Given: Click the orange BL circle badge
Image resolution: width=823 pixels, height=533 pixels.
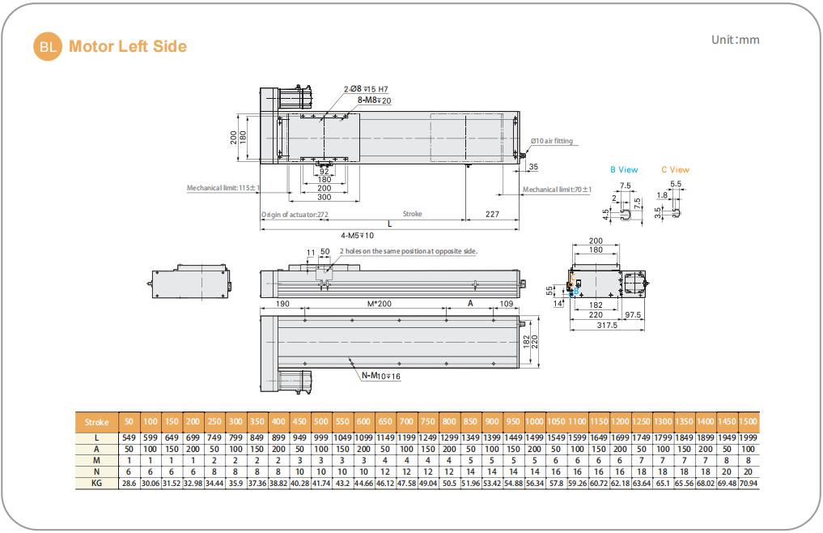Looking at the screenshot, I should [x=48, y=47].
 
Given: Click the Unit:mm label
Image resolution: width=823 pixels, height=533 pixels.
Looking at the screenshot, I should [x=735, y=40].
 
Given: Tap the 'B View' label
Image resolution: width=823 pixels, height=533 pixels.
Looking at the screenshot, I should [x=624, y=170].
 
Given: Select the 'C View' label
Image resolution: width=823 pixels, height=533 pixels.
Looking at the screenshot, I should [x=675, y=170].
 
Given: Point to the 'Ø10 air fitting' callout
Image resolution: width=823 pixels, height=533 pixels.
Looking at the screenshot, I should [x=552, y=141].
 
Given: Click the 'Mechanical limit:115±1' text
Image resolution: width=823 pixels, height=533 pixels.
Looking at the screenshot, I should [x=223, y=188].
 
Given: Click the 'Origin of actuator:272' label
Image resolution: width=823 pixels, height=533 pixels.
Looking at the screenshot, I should [x=295, y=215].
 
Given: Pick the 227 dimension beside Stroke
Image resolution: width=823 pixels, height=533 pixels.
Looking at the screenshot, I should [x=492, y=215].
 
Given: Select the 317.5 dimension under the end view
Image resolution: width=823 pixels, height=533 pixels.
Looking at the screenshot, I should [x=607, y=326].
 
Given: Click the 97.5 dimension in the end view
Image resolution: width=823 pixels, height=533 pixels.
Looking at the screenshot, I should [x=633, y=315].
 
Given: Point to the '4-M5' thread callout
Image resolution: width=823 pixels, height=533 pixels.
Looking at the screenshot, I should [x=357, y=236].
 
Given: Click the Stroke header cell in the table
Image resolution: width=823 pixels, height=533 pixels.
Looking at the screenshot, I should [x=96, y=422].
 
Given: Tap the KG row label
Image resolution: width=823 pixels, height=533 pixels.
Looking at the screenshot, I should [x=96, y=483].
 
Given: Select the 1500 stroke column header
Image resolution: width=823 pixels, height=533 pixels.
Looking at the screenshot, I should [x=749, y=422].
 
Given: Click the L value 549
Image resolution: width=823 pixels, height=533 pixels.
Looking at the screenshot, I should [x=129, y=437].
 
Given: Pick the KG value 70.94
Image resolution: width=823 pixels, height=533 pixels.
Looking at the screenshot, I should [x=749, y=483].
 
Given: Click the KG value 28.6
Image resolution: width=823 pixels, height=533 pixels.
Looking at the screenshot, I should [x=129, y=483].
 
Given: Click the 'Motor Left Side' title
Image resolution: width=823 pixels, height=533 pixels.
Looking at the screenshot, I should [x=128, y=47].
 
